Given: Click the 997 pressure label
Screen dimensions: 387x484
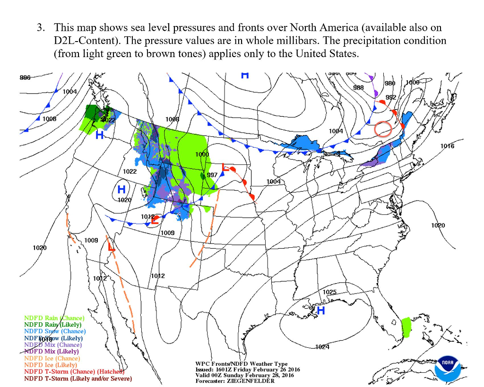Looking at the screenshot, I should point(212,175).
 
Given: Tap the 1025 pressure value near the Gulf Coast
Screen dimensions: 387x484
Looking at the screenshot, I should point(329,292).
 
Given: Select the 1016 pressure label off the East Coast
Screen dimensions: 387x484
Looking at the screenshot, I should point(447,146).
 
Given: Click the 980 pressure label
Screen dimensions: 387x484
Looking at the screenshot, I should point(390,84).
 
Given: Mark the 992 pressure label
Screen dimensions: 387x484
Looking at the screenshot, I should point(391,97).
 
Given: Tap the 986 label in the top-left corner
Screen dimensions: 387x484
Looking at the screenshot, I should point(26,78).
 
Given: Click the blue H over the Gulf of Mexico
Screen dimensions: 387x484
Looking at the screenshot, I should point(321,311).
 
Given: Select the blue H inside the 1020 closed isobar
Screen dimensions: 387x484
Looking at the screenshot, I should point(121,190).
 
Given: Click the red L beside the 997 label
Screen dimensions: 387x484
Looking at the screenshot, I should point(225,169).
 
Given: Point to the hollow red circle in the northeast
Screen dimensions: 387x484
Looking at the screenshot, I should point(383,128).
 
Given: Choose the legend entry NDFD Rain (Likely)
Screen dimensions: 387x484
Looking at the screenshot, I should point(53,325).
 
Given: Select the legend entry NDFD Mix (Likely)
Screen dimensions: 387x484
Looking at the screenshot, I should point(52,352).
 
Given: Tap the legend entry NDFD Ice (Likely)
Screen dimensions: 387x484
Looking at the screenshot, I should point(51,365).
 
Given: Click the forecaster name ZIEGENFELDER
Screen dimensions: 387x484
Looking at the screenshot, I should point(250,381).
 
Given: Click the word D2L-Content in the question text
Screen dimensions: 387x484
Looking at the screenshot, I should point(80,41).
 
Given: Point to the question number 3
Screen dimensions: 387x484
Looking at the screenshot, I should point(40,28).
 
